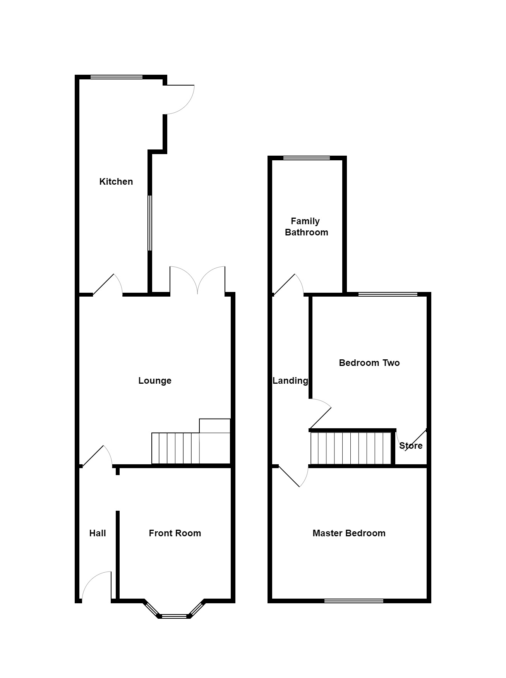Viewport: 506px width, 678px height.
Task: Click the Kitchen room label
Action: tap(116, 181)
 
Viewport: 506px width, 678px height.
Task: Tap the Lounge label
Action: tap(154, 381)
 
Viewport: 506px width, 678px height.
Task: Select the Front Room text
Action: tap(175, 533)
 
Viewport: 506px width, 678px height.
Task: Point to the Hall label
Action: tap(98, 533)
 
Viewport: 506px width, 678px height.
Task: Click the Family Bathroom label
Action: tap(306, 227)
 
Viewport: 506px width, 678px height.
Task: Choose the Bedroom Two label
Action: tap(369, 363)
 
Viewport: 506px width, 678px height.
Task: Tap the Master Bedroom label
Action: tap(348, 533)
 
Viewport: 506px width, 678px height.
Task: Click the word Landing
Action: tap(290, 381)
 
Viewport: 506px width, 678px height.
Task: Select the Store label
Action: tap(410, 446)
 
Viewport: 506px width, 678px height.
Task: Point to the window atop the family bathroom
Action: tap(306, 158)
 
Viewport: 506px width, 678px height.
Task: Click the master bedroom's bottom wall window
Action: tap(353, 601)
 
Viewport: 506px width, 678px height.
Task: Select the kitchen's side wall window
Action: tap(150, 223)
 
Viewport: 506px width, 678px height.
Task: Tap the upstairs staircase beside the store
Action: tap(350, 448)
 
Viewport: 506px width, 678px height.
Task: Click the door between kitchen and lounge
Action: tap(108, 286)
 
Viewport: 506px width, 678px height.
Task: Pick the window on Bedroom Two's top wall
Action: tap(388, 294)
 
